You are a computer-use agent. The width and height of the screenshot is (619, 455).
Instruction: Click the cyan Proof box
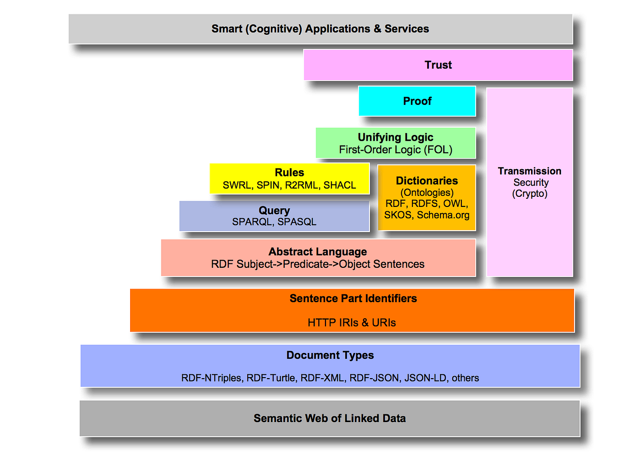pyautogui.click(x=417, y=101)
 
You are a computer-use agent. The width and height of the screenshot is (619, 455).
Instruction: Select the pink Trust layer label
pyautogui.click(x=438, y=65)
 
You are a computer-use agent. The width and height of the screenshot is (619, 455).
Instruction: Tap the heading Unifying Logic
pyautogui.click(x=396, y=137)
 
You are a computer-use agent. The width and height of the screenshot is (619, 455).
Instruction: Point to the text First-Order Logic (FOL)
pyautogui.click(x=396, y=150)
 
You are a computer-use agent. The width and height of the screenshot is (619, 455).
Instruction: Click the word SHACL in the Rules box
pyautogui.click(x=339, y=185)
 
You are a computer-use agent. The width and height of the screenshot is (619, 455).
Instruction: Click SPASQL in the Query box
pyautogui.click(x=297, y=222)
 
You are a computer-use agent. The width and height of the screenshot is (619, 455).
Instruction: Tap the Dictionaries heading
pyautogui.click(x=427, y=181)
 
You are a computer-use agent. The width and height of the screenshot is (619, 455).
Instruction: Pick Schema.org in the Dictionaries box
pyautogui.click(x=443, y=215)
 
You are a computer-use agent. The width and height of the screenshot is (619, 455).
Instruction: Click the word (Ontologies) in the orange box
pyautogui.click(x=427, y=192)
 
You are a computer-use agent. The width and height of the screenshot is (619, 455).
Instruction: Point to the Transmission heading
pyautogui.click(x=530, y=171)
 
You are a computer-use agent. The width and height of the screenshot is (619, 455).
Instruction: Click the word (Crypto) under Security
pyautogui.click(x=530, y=194)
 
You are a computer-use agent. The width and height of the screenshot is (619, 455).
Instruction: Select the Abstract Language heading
pyautogui.click(x=318, y=252)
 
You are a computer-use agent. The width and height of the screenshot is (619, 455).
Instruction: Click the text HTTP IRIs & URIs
pyautogui.click(x=352, y=323)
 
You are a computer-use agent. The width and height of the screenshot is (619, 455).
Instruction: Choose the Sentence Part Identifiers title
pyautogui.click(x=353, y=298)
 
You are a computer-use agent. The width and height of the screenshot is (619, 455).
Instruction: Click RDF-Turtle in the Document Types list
pyautogui.click(x=271, y=378)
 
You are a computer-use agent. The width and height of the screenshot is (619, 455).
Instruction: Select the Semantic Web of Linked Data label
pyautogui.click(x=330, y=418)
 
